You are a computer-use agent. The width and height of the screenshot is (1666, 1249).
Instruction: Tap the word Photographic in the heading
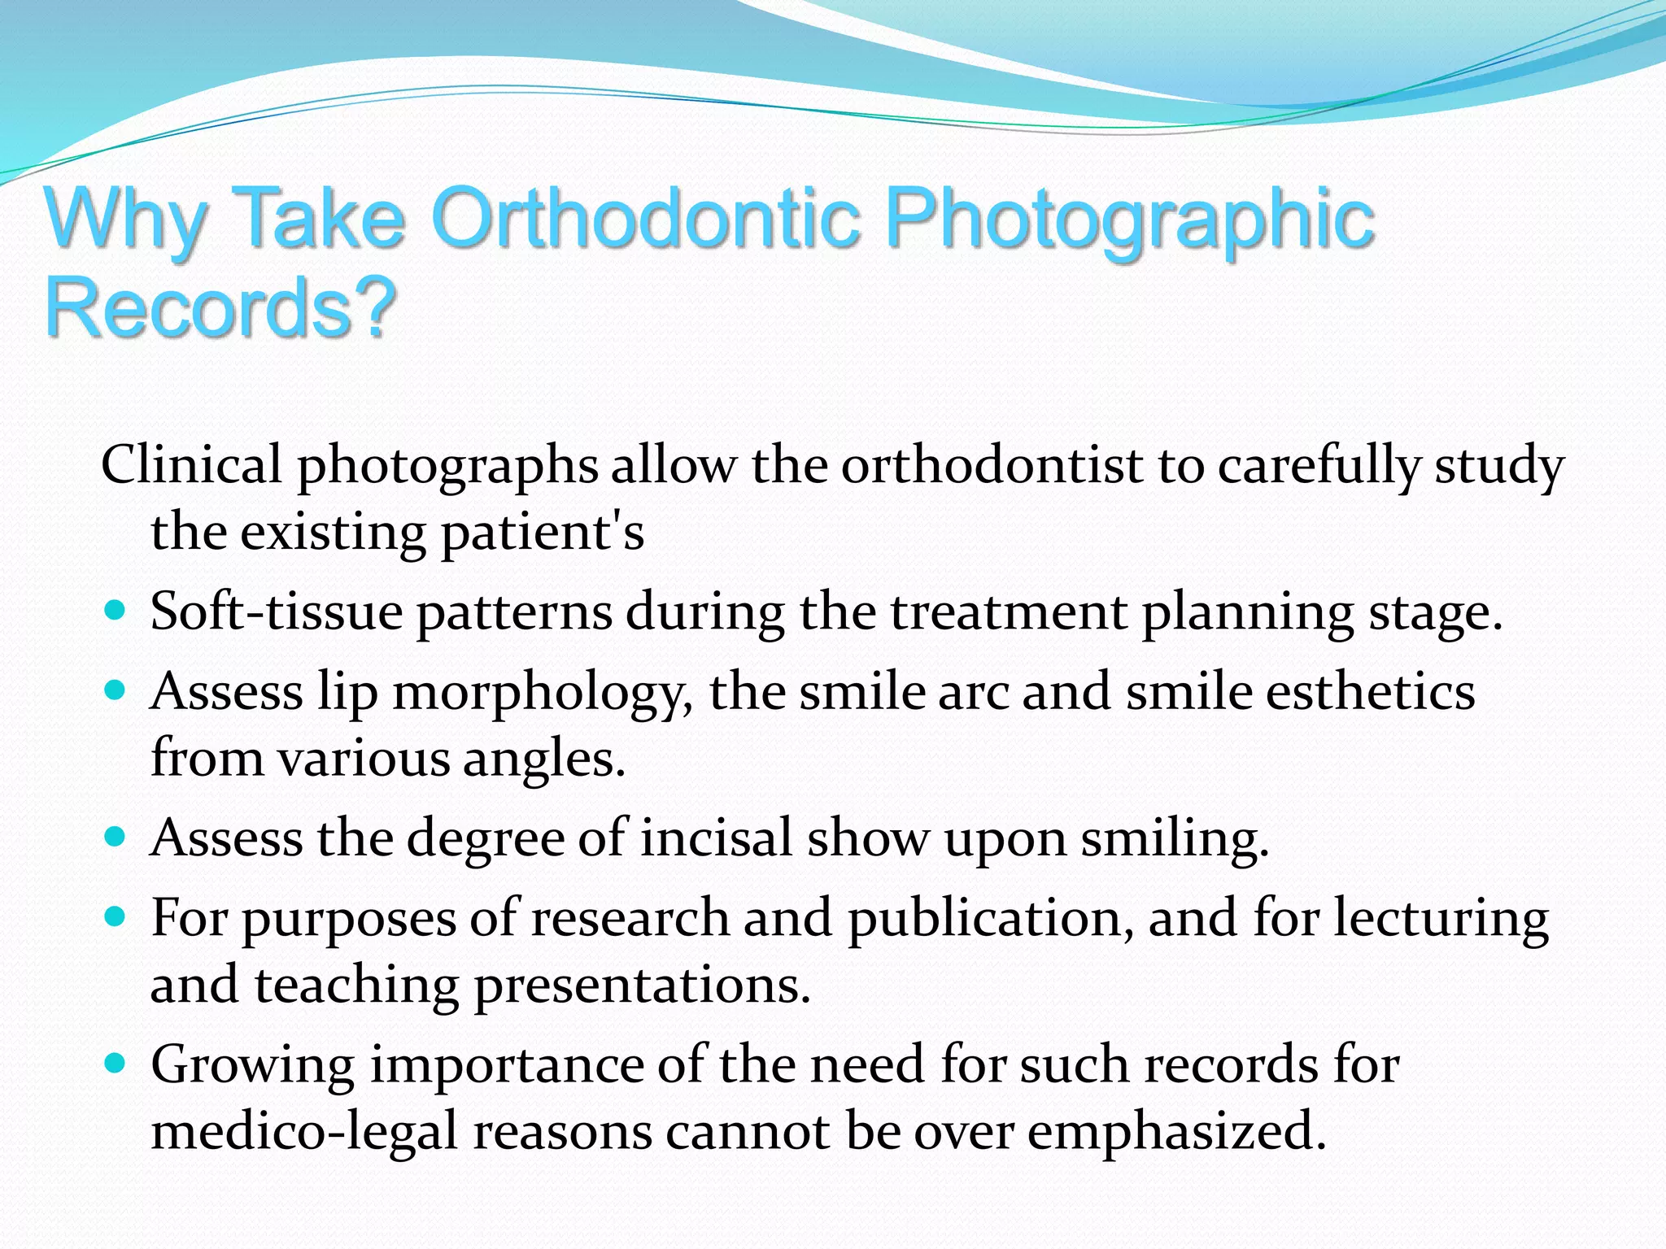click(x=1129, y=220)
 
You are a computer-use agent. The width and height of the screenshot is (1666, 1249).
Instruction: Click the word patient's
click(x=543, y=533)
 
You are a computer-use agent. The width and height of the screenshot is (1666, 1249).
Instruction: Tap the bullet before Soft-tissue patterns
click(x=116, y=610)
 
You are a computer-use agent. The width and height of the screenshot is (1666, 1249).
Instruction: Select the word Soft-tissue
click(x=277, y=611)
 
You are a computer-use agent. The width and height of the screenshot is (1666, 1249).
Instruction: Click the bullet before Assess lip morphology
click(x=116, y=690)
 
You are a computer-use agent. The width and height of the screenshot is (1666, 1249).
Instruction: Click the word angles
click(x=544, y=759)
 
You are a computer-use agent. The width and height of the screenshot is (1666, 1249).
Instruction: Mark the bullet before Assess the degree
click(x=116, y=836)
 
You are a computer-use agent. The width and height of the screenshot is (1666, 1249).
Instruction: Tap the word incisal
click(x=716, y=838)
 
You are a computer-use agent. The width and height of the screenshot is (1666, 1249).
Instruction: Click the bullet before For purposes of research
click(x=116, y=916)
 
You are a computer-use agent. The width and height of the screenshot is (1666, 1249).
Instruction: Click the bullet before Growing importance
click(x=116, y=1062)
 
